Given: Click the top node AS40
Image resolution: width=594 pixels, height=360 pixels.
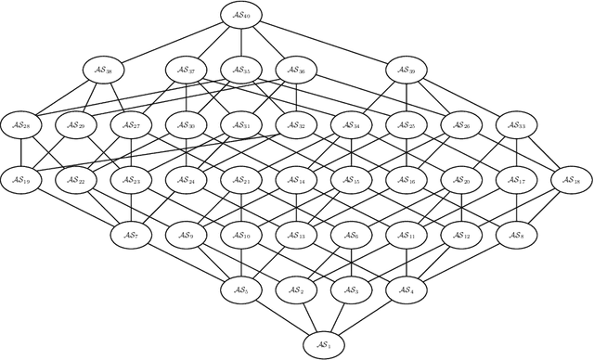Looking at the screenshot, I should point(241,15).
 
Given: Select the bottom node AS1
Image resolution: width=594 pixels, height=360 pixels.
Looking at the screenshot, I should point(324,344).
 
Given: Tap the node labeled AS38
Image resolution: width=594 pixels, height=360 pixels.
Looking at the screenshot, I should point(103,70).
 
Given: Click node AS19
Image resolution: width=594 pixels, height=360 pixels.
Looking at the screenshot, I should point(21,180).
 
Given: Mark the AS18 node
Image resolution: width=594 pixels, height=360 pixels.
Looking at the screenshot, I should point(571,180).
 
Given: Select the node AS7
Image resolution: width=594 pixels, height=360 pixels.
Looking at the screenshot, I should point(131,236).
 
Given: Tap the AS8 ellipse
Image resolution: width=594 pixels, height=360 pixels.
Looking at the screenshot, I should point(516,236).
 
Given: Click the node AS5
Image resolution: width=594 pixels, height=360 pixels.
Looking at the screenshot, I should point(241,290).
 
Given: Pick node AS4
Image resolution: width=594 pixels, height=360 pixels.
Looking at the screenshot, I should point(406,290).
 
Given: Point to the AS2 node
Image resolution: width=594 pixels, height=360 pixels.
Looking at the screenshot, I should point(296,290).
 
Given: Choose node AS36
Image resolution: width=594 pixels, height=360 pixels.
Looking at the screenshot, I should point(296,70).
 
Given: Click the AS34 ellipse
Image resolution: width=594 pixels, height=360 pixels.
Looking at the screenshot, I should point(351,125).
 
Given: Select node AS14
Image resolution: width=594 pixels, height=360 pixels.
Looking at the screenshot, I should point(296,180).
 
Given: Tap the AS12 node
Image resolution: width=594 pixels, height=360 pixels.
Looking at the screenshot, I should point(461,236).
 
